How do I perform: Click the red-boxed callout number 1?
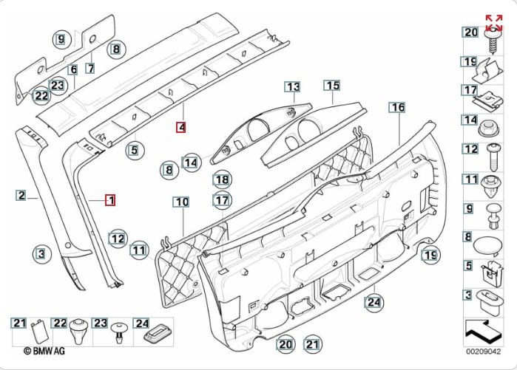tap(109, 199)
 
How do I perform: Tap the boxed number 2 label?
tap(21, 196)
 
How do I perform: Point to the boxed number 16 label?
tap(398, 108)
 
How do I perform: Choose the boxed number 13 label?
tap(292, 87)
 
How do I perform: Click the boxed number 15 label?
tap(332, 86)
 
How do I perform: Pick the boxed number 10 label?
tap(181, 202)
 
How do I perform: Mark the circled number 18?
tap(222, 179)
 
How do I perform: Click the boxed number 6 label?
tap(73, 69)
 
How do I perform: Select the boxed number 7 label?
tap(89, 68)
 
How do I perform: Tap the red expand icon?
tap(493, 21)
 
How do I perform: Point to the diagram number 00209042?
tap(482, 353)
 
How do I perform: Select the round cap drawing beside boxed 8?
tap(490, 245)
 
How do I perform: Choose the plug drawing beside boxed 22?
tap(81, 329)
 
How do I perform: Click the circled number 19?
tap(430, 256)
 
